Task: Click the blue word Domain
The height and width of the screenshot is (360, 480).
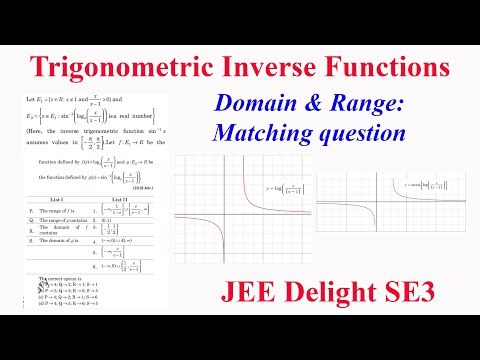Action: (250, 105)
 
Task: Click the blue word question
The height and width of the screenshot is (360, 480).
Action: (371, 131)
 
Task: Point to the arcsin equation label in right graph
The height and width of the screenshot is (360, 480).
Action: (411, 186)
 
